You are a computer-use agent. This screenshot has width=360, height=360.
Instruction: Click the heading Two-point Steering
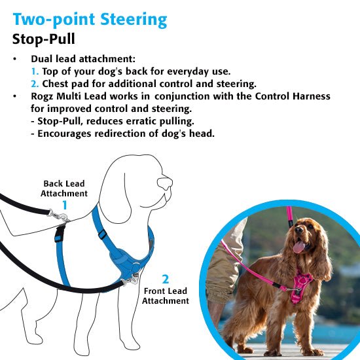click(90, 20)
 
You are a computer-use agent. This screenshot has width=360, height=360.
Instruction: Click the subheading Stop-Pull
click(44, 39)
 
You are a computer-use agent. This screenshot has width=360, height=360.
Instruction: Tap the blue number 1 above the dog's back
click(65, 205)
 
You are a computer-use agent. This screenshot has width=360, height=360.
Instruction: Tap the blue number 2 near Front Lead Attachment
click(166, 279)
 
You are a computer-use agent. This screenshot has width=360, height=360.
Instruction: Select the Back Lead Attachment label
click(64, 189)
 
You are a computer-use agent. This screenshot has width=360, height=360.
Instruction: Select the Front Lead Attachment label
click(166, 296)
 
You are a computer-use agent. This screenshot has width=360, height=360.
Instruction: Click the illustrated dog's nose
click(164, 183)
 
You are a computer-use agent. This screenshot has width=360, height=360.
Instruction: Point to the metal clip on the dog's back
click(59, 215)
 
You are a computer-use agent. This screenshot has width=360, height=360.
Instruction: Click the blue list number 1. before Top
click(35, 71)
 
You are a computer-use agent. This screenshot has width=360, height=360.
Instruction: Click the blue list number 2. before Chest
click(35, 84)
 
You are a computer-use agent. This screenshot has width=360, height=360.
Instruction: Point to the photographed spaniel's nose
click(298, 229)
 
